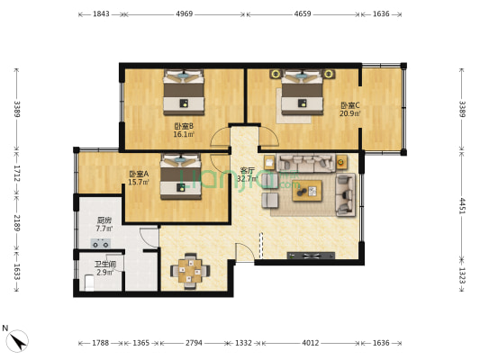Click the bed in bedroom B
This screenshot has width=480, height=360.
pyautogui.click(x=186, y=92)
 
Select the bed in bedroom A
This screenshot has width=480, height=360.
pyautogui.click(x=184, y=176)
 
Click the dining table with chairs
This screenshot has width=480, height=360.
pyautogui.click(x=190, y=268)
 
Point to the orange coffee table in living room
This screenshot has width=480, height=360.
pyautogui.click(x=309, y=189)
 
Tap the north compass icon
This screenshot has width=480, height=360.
pyautogui.click(x=17, y=339)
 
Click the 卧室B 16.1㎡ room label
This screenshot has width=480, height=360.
pyautogui.click(x=184, y=130)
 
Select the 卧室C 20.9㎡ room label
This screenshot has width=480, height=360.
pyautogui.click(x=349, y=109)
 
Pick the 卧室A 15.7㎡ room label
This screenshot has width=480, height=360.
pyautogui.click(x=139, y=178)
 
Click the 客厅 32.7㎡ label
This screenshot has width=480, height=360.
pyautogui.click(x=247, y=174)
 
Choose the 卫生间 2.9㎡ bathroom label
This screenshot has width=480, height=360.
pyautogui.click(x=104, y=267)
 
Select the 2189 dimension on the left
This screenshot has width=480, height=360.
pyautogui.click(x=15, y=223)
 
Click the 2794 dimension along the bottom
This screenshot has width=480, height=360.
pyautogui.click(x=195, y=342)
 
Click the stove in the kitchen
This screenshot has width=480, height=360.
pyautogui.click(x=103, y=243)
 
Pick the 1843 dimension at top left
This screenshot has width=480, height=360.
pyautogui.click(x=101, y=14)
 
